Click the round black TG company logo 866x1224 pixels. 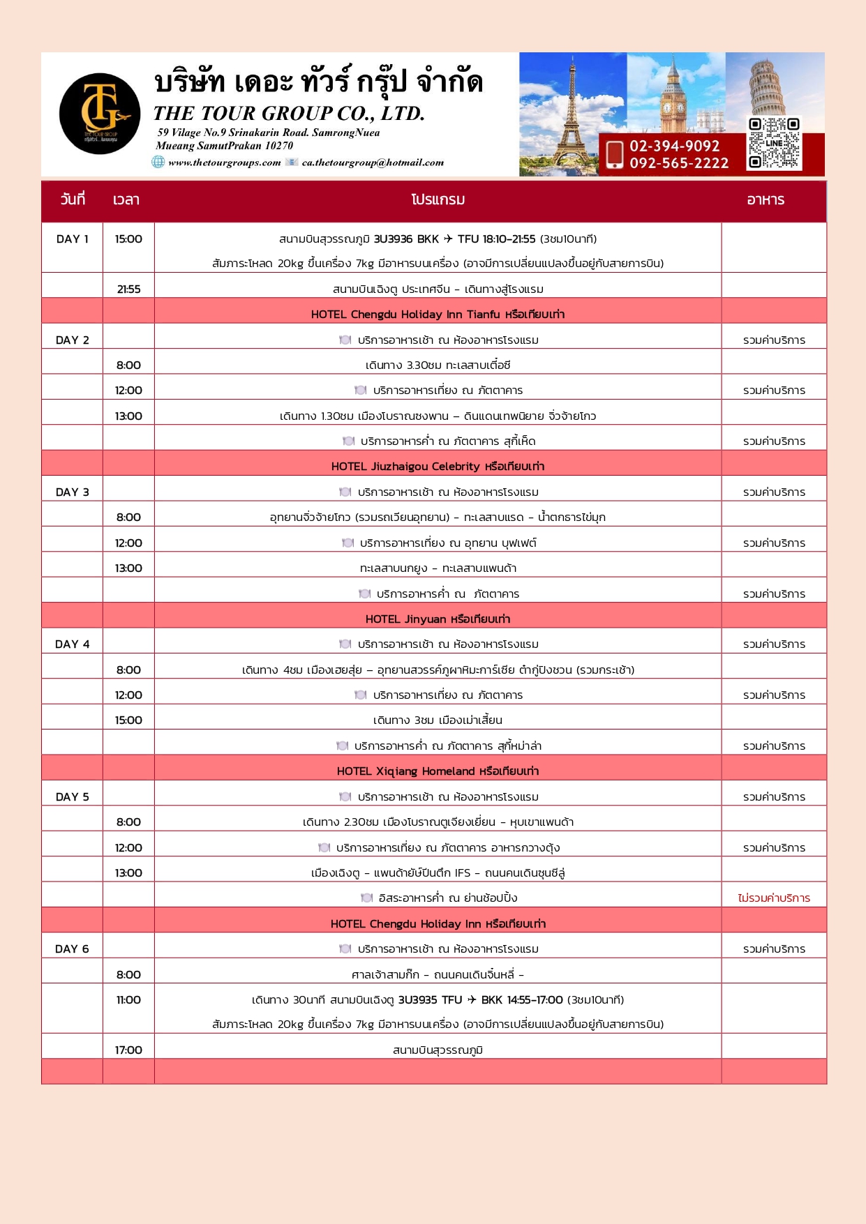[100, 114]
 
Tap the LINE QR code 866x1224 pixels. [774, 143]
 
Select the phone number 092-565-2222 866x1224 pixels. [679, 163]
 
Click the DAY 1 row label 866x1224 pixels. [72, 239]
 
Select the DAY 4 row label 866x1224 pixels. [72, 644]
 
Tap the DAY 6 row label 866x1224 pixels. [72, 949]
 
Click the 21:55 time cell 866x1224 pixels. [128, 289]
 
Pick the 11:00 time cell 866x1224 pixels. [128, 1000]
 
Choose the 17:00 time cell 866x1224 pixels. [128, 1050]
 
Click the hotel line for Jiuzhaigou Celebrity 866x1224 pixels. [438, 467]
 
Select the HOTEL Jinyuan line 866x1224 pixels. [438, 619]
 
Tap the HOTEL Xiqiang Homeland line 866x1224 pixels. [438, 771]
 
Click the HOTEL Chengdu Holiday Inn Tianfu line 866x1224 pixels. [438, 315]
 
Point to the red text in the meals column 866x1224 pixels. [774, 898]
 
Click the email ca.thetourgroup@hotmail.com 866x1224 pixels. [373, 163]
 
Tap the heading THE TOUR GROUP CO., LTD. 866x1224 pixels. [289, 114]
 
